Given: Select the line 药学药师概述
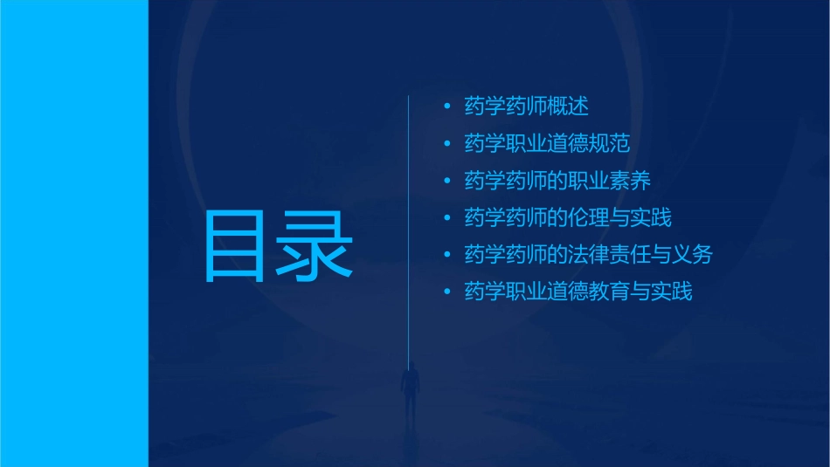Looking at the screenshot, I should [x=526, y=106].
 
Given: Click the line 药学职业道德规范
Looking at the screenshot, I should [x=547, y=143].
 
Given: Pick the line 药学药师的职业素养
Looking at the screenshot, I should [x=557, y=181].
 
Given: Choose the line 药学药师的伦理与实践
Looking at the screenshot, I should [x=568, y=217].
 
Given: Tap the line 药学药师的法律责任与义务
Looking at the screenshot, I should [x=588, y=255].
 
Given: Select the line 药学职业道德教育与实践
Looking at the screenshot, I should [x=578, y=292].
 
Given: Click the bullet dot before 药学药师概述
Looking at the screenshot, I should [x=447, y=106].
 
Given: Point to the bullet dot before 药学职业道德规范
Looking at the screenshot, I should [x=447, y=143].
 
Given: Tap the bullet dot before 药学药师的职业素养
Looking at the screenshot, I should [x=447, y=181].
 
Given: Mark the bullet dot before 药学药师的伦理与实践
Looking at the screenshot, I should [x=447, y=217].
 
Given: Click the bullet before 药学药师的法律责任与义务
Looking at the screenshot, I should [x=447, y=255].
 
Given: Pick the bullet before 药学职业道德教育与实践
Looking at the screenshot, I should [x=447, y=292].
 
